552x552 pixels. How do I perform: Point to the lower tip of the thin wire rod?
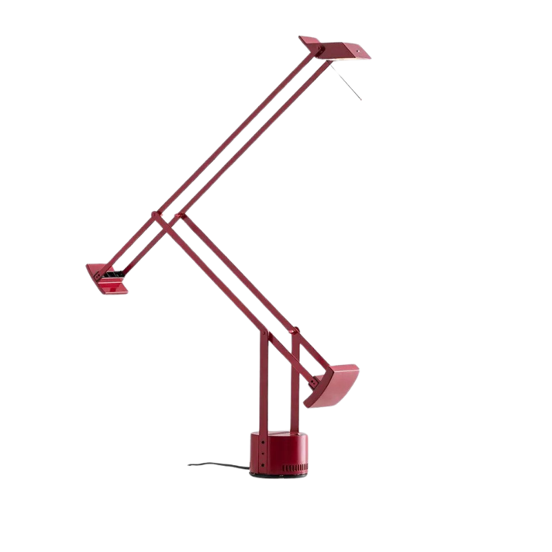click(361, 100)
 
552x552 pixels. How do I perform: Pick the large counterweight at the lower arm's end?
click(334, 386)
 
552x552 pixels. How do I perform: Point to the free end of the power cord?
click(190, 464)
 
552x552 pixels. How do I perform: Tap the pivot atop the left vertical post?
click(263, 335)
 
